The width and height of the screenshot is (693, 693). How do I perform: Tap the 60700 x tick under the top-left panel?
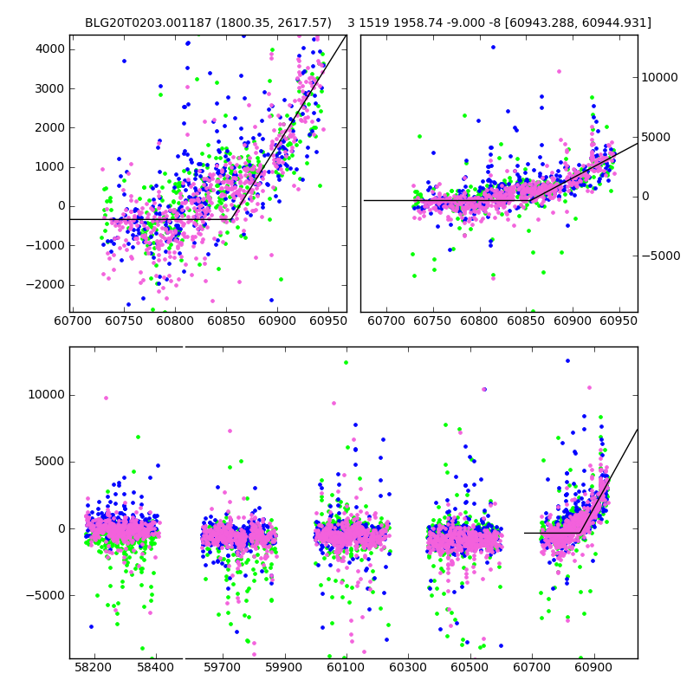(73, 321)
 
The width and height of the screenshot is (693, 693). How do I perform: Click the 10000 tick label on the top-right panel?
(660, 77)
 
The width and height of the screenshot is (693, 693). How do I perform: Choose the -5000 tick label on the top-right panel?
(661, 256)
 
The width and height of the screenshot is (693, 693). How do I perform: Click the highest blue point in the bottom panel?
(568, 360)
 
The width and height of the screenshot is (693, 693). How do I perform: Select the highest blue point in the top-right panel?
(493, 47)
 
